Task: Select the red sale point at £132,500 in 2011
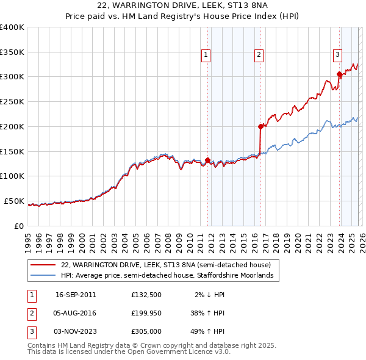coord(208,160)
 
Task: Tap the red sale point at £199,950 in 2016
coord(260,127)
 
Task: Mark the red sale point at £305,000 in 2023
coord(339,74)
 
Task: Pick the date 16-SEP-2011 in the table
coord(76,295)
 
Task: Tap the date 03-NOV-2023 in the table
coord(76,331)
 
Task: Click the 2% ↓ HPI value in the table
coord(210,295)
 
